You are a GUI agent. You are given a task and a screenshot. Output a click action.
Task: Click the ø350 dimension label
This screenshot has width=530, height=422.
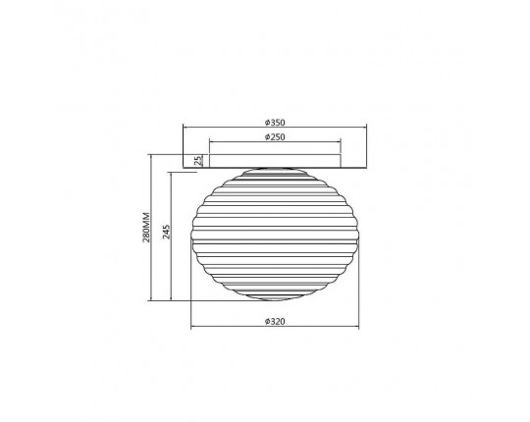click(x=275, y=123)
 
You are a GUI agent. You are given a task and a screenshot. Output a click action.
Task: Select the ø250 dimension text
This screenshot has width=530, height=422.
click(x=275, y=136)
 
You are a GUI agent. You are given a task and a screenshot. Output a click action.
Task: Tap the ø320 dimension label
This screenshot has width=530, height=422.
click(x=275, y=321)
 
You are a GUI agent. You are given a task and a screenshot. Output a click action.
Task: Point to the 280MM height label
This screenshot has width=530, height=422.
click(x=146, y=227)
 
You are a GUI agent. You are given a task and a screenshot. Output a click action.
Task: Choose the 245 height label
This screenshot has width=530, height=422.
click(x=166, y=232)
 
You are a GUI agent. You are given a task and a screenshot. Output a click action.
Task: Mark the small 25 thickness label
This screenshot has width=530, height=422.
click(x=198, y=160)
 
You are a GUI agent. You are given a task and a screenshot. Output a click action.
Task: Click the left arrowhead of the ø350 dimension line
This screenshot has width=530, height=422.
click(x=184, y=127)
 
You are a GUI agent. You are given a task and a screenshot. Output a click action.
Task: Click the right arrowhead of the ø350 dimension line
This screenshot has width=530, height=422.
click(x=366, y=127)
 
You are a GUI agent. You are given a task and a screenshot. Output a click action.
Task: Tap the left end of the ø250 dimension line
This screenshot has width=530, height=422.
click(x=210, y=142)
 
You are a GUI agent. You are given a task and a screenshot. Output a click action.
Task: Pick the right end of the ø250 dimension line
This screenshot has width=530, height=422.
click(x=340, y=142)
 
